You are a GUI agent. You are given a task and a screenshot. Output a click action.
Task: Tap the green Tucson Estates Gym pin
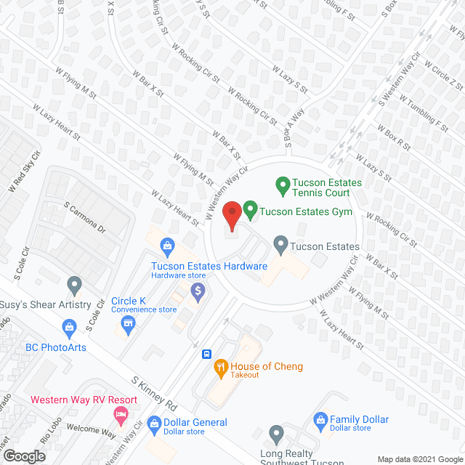(x=250, y=211)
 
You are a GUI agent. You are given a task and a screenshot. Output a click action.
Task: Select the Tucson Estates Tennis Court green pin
(x=282, y=187)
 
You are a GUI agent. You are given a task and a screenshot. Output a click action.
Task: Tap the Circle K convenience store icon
(x=129, y=323)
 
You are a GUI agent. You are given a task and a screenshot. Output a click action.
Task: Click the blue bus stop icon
(x=206, y=355)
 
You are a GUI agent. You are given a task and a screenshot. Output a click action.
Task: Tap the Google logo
(x=23, y=456)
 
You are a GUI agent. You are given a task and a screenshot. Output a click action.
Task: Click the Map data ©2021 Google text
(x=418, y=459)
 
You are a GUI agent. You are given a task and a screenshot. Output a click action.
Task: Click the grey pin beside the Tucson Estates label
(x=280, y=246)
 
